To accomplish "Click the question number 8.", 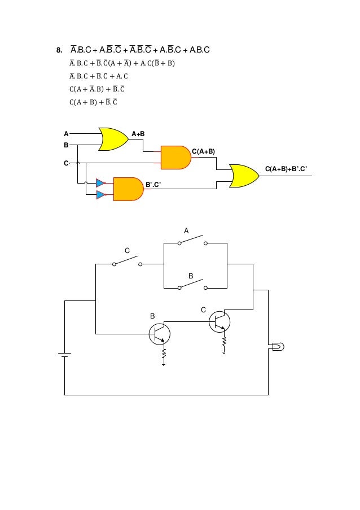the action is [59, 50].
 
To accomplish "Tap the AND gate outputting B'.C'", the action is [128, 189].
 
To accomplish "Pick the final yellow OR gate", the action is [244, 176].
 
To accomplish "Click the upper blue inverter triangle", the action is [101, 183].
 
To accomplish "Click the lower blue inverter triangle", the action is [101, 195].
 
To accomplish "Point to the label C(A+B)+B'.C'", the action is [286, 169].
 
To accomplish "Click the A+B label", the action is [138, 134].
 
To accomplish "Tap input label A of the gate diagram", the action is [66, 134].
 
